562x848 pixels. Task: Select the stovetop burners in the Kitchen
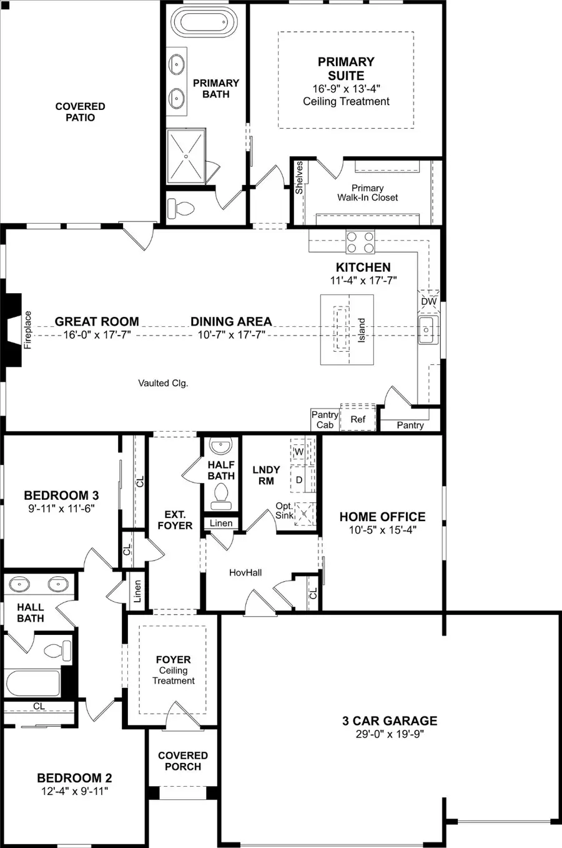(x=360, y=242)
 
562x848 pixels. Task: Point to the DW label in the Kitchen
(x=429, y=302)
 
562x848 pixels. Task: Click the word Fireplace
(x=27, y=330)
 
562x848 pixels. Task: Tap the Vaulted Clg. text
(x=163, y=383)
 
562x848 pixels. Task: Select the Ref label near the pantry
(x=358, y=419)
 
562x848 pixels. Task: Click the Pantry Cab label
(x=325, y=419)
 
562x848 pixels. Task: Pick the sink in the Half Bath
(x=220, y=447)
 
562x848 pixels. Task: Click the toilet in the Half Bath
(x=220, y=494)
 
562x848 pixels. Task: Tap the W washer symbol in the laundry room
(x=298, y=451)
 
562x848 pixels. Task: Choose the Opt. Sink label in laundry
(x=284, y=511)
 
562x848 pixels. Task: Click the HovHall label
(x=245, y=572)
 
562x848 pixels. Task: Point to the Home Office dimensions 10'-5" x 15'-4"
(x=383, y=530)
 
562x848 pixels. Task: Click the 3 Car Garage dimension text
(x=390, y=734)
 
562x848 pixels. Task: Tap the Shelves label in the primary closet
(x=300, y=177)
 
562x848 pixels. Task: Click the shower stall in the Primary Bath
(x=186, y=157)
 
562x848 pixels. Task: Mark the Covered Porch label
(x=183, y=761)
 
